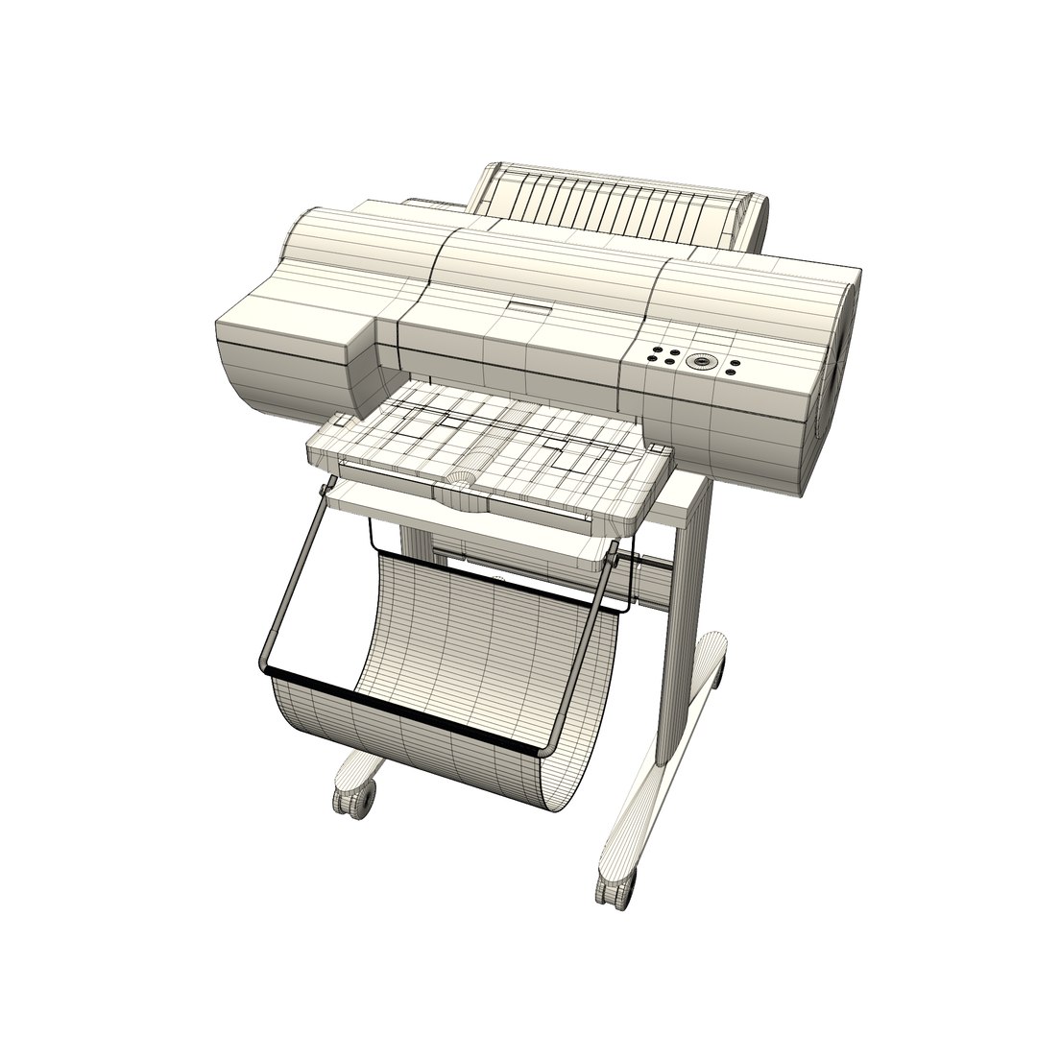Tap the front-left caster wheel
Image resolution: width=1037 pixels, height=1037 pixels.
tap(353, 796)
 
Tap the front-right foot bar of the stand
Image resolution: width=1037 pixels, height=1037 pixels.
tap(653, 797)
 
